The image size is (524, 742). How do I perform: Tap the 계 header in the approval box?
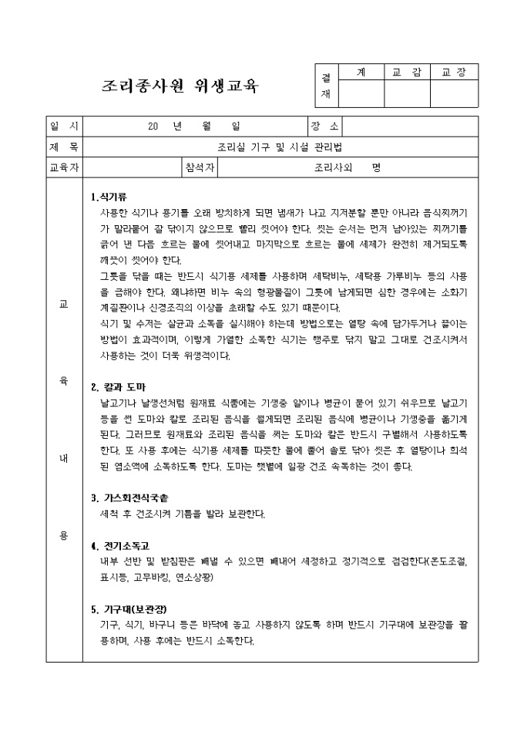(361, 72)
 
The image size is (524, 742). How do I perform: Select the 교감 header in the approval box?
(407, 72)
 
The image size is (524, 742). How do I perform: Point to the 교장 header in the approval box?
(454, 72)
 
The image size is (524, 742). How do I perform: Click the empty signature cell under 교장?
(454, 93)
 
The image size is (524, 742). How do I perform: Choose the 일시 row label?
(64, 126)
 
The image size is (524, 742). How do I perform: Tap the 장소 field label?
(324, 126)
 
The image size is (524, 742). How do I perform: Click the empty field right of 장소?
(409, 126)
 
